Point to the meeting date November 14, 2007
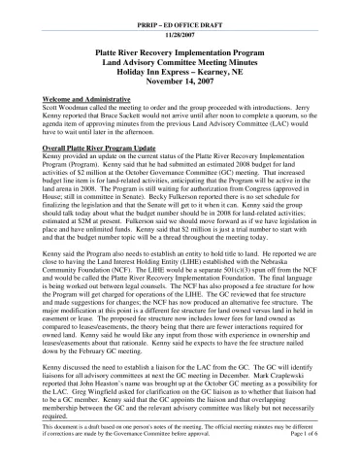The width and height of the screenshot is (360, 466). (180, 81)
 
